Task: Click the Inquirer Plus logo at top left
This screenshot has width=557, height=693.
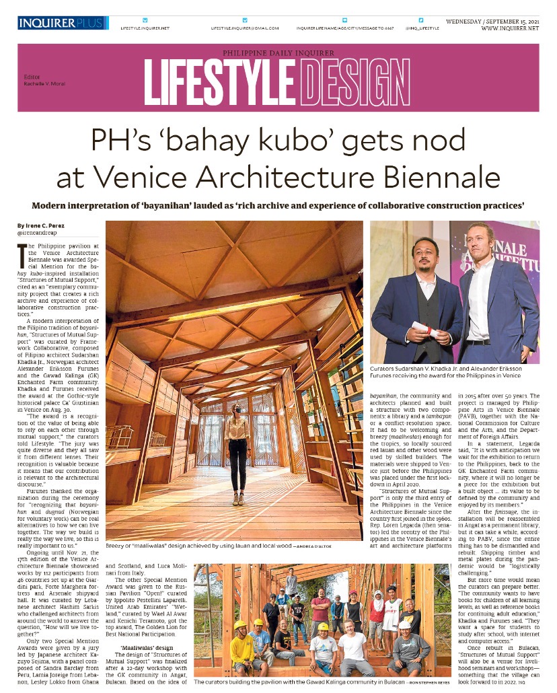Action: [62, 24]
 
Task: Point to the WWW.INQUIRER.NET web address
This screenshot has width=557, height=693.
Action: [510, 28]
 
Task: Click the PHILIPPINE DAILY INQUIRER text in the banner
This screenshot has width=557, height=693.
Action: [278, 52]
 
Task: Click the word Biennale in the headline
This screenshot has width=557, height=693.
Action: [445, 178]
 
